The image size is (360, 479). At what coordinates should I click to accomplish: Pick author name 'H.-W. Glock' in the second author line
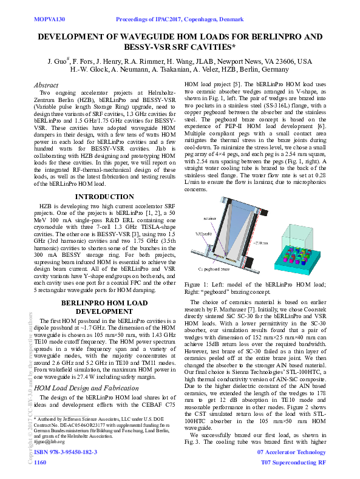click(89, 70)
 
